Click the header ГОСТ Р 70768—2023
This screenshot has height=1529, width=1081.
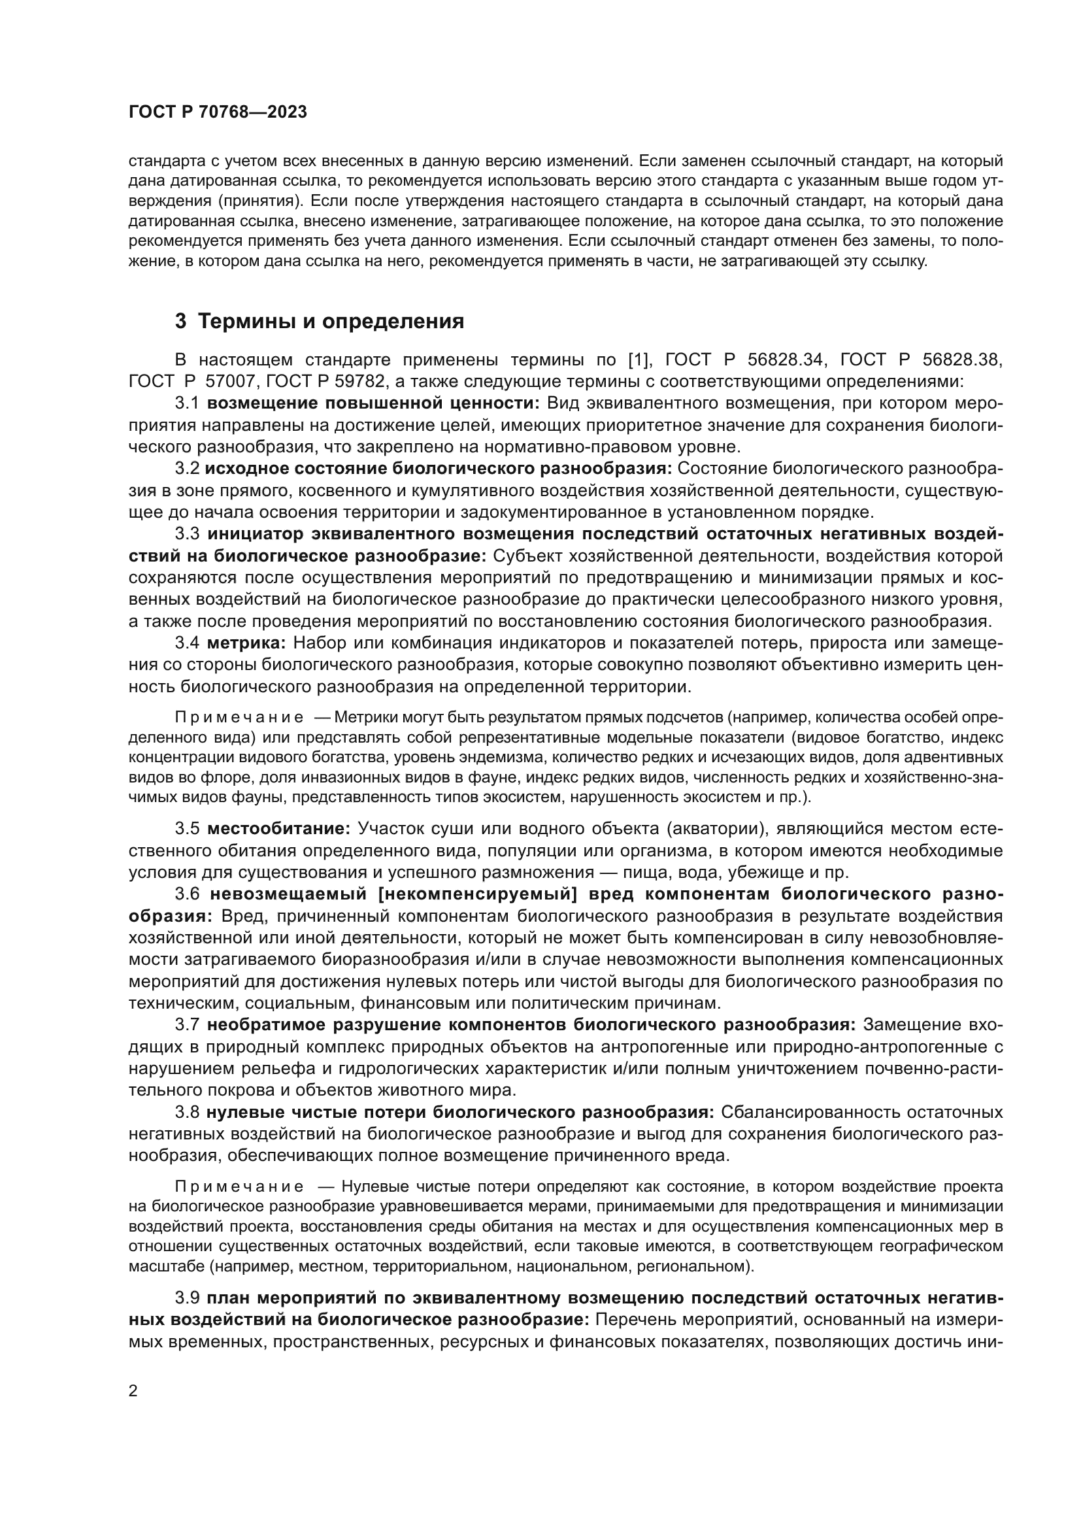(x=218, y=112)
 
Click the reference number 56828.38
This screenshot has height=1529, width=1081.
(x=962, y=360)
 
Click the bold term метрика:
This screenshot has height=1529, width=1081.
(x=246, y=643)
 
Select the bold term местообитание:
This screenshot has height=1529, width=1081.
(x=279, y=829)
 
